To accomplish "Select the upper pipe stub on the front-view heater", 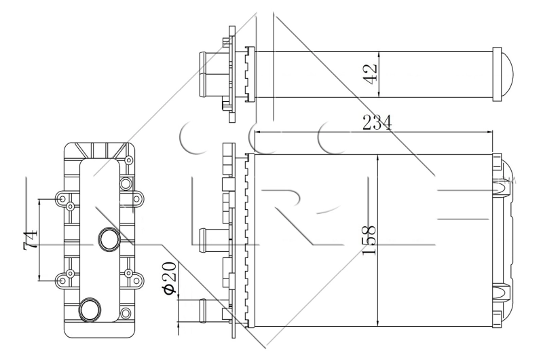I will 211,238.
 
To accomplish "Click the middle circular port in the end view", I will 109,238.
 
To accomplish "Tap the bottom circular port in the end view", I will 90,309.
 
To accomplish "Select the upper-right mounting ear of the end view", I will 135,200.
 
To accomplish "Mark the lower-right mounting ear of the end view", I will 135,277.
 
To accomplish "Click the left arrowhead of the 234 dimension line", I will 258,132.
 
